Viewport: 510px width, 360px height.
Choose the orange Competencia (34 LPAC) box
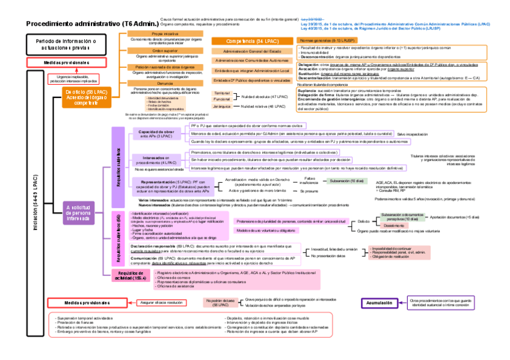[252, 41]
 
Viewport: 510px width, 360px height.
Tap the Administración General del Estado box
[252, 52]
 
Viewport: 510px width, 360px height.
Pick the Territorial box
[222, 94]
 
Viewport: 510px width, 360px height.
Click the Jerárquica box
[222, 106]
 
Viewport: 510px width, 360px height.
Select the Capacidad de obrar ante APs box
[156, 133]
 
